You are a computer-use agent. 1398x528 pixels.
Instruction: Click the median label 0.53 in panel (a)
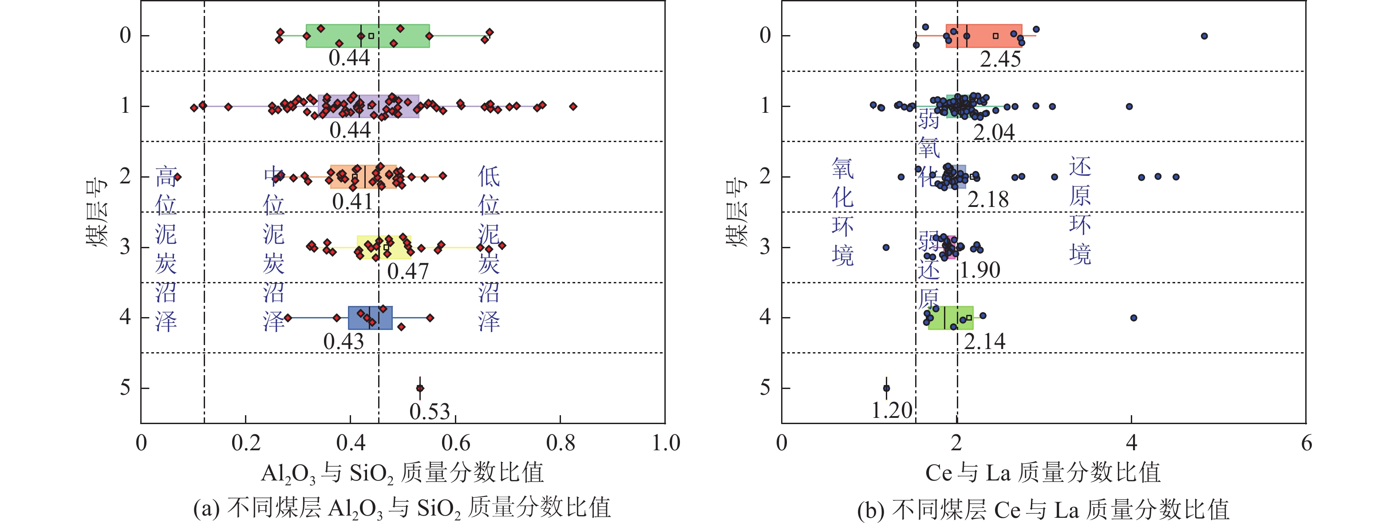(429, 412)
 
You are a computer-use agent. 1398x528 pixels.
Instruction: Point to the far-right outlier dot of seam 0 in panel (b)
(1204, 36)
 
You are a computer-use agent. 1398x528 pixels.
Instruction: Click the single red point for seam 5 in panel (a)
(419, 388)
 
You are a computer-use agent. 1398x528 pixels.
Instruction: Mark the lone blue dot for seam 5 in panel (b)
(886, 388)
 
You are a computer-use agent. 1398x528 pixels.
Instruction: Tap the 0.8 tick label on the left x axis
(560, 443)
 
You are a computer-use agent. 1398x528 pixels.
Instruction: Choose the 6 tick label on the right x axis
(1306, 443)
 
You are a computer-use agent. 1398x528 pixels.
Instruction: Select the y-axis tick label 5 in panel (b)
(765, 388)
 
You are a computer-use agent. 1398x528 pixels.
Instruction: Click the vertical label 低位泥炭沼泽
(489, 248)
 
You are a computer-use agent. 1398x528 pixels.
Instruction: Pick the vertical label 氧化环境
(842, 212)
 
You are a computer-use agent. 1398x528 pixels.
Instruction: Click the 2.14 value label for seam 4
(984, 341)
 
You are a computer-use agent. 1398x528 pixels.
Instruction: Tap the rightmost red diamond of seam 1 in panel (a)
(573, 107)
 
